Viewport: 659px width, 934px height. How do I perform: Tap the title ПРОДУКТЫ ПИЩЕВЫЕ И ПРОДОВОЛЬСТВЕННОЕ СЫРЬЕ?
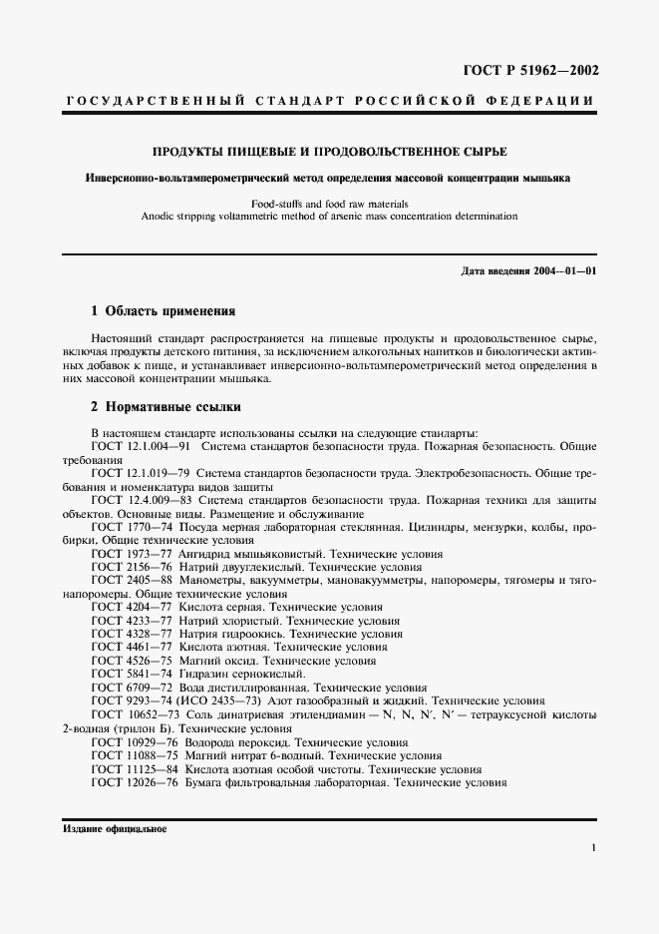328,152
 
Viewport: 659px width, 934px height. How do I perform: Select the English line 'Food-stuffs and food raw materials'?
328,203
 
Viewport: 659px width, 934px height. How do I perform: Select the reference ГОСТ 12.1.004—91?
141,447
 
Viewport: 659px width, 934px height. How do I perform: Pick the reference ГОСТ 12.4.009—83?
141,499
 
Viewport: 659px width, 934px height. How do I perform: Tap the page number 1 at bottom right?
593,848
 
